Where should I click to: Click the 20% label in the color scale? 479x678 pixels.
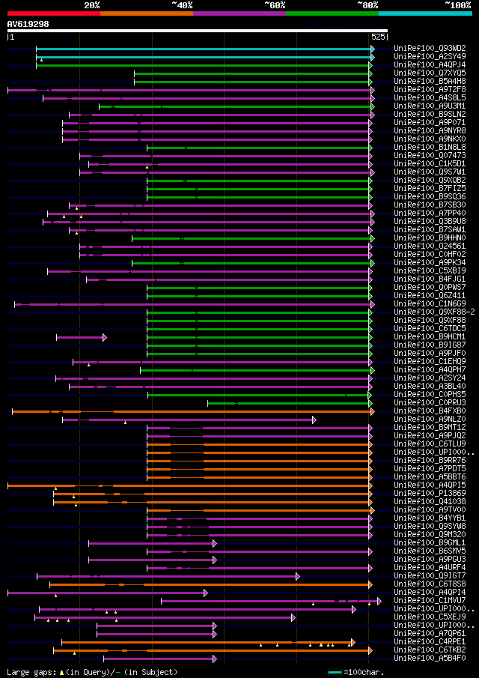(x=92, y=5)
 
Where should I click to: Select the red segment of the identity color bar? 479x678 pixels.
(x=53, y=13)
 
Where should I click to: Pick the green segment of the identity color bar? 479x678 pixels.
(x=332, y=13)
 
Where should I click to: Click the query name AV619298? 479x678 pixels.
(x=28, y=24)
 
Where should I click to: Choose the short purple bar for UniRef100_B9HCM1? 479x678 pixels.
(x=81, y=338)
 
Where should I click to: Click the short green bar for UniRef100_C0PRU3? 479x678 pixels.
(x=288, y=403)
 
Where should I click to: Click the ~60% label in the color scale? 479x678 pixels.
(x=275, y=5)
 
